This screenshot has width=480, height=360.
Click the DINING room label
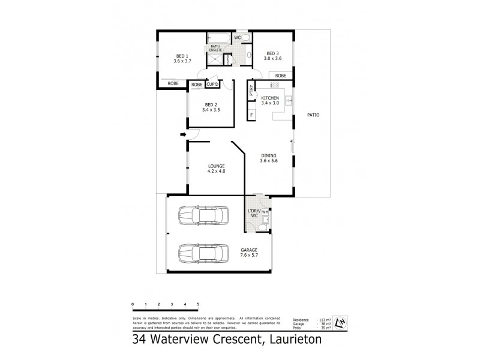pos(268,158)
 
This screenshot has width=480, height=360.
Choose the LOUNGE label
pos(216,167)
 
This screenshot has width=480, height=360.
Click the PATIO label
pos(313,115)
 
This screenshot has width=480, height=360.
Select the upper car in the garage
pos(202,215)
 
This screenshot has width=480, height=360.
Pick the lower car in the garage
pos(202,253)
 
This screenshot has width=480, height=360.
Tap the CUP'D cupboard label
pos(212,85)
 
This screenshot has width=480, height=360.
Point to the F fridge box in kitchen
pos(251,114)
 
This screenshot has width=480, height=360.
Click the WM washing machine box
pos(265,212)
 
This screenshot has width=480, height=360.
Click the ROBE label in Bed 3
pos(281,76)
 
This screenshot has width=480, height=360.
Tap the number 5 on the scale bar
pos(197,305)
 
